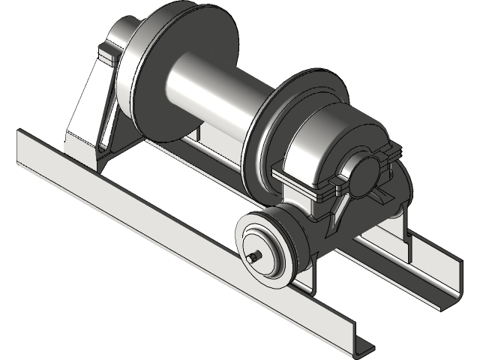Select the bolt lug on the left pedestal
(106, 55)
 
